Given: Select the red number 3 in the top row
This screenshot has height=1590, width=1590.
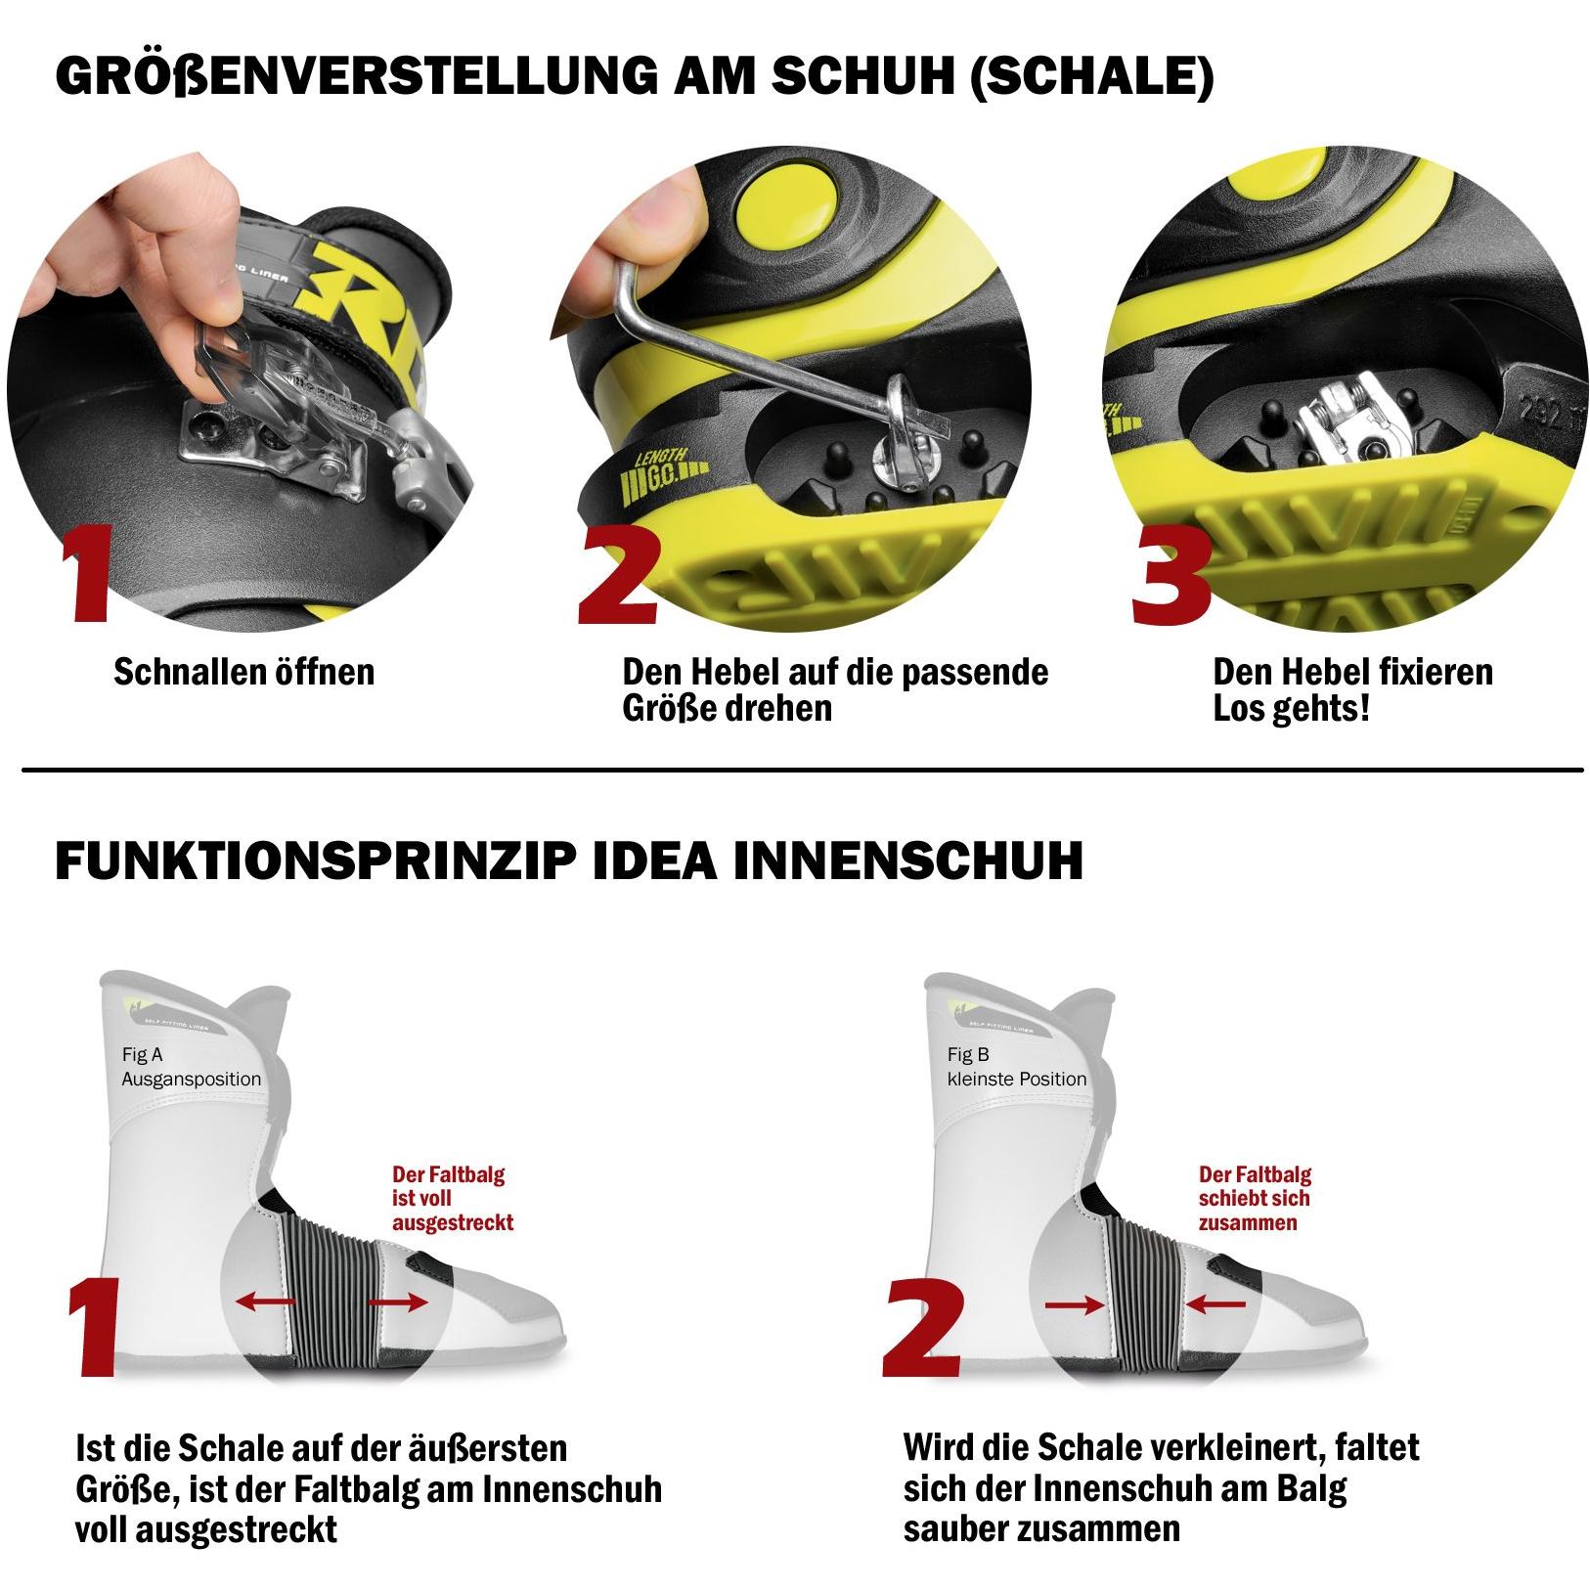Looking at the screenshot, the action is [1170, 575].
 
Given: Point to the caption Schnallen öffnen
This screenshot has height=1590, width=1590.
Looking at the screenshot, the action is [243, 672].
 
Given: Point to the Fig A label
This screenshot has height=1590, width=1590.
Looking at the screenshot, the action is [143, 1054].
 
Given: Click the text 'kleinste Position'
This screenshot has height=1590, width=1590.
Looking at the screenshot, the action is [1016, 1079].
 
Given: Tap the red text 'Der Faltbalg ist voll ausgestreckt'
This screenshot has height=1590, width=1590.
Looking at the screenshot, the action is [453, 1198].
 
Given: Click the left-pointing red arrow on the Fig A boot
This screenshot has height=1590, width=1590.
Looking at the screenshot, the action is [266, 1302].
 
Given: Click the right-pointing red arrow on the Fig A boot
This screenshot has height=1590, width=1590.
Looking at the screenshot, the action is [398, 1302].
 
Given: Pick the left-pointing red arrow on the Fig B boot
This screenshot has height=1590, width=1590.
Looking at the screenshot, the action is [1215, 1304].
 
